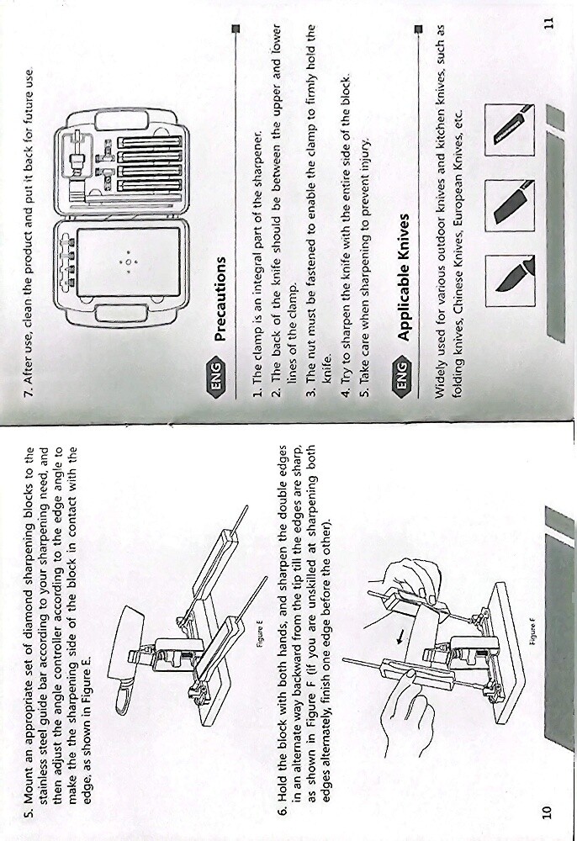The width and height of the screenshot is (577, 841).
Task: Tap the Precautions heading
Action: point(220,299)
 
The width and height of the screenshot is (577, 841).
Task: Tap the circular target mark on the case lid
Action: point(129,262)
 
